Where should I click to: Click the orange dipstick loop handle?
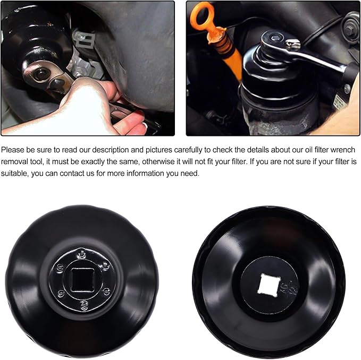tap(202, 16)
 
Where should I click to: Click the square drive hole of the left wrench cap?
tap(82, 278)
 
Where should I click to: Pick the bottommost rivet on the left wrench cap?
tap(85, 304)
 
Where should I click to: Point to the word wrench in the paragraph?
tap(343, 150)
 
